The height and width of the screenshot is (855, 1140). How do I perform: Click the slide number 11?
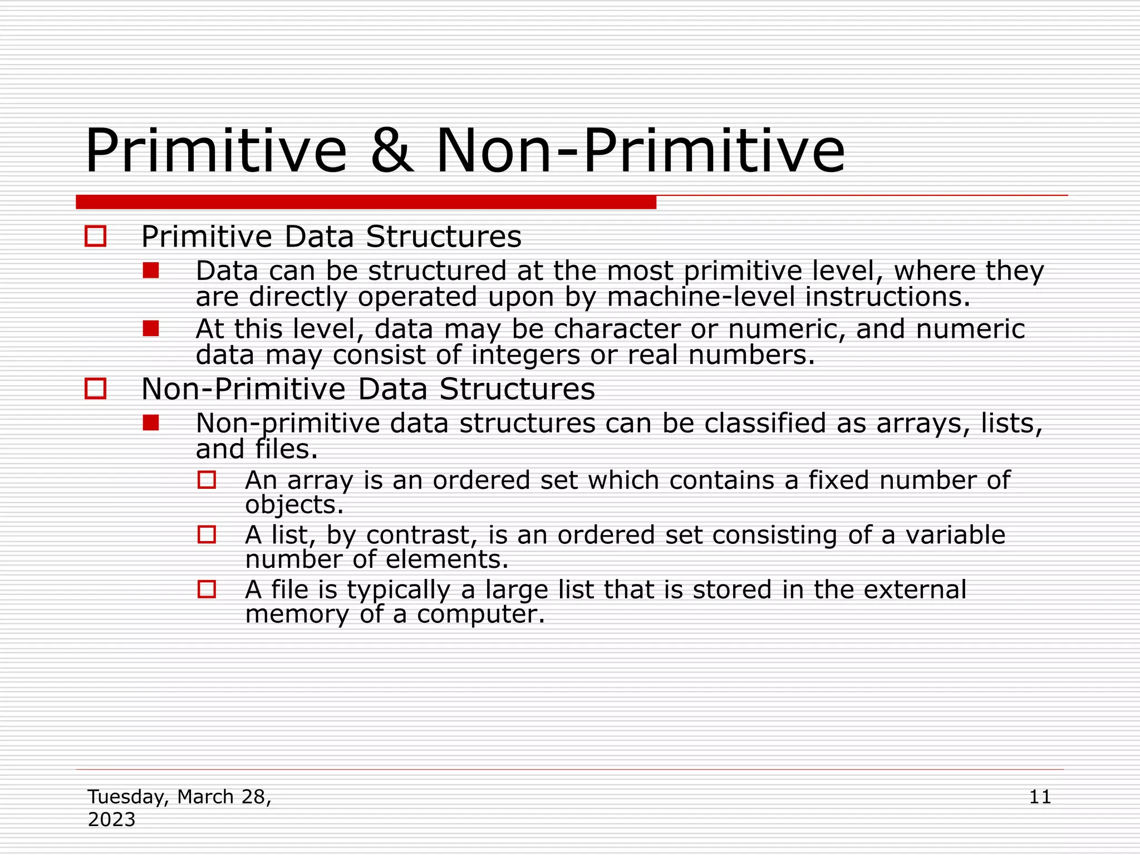(1040, 797)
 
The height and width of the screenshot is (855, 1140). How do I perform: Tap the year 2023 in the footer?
(111, 820)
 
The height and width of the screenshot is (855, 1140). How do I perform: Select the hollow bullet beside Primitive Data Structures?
(96, 236)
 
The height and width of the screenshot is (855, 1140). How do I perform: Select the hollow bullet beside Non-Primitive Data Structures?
(96, 388)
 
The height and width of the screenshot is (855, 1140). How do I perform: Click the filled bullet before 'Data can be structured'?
(151, 271)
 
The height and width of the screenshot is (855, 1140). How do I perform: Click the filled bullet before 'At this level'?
(151, 328)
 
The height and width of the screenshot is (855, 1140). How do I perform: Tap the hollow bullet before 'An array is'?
(207, 480)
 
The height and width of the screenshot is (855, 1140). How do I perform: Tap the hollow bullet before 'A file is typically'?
(207, 589)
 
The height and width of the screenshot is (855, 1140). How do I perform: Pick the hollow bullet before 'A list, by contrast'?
(207, 534)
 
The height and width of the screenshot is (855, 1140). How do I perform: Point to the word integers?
(525, 355)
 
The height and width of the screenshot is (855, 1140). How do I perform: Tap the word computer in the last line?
(480, 615)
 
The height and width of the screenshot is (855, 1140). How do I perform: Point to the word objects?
(294, 505)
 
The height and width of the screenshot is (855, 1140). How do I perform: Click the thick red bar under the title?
(366, 202)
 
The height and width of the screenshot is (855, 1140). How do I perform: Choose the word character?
(617, 329)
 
